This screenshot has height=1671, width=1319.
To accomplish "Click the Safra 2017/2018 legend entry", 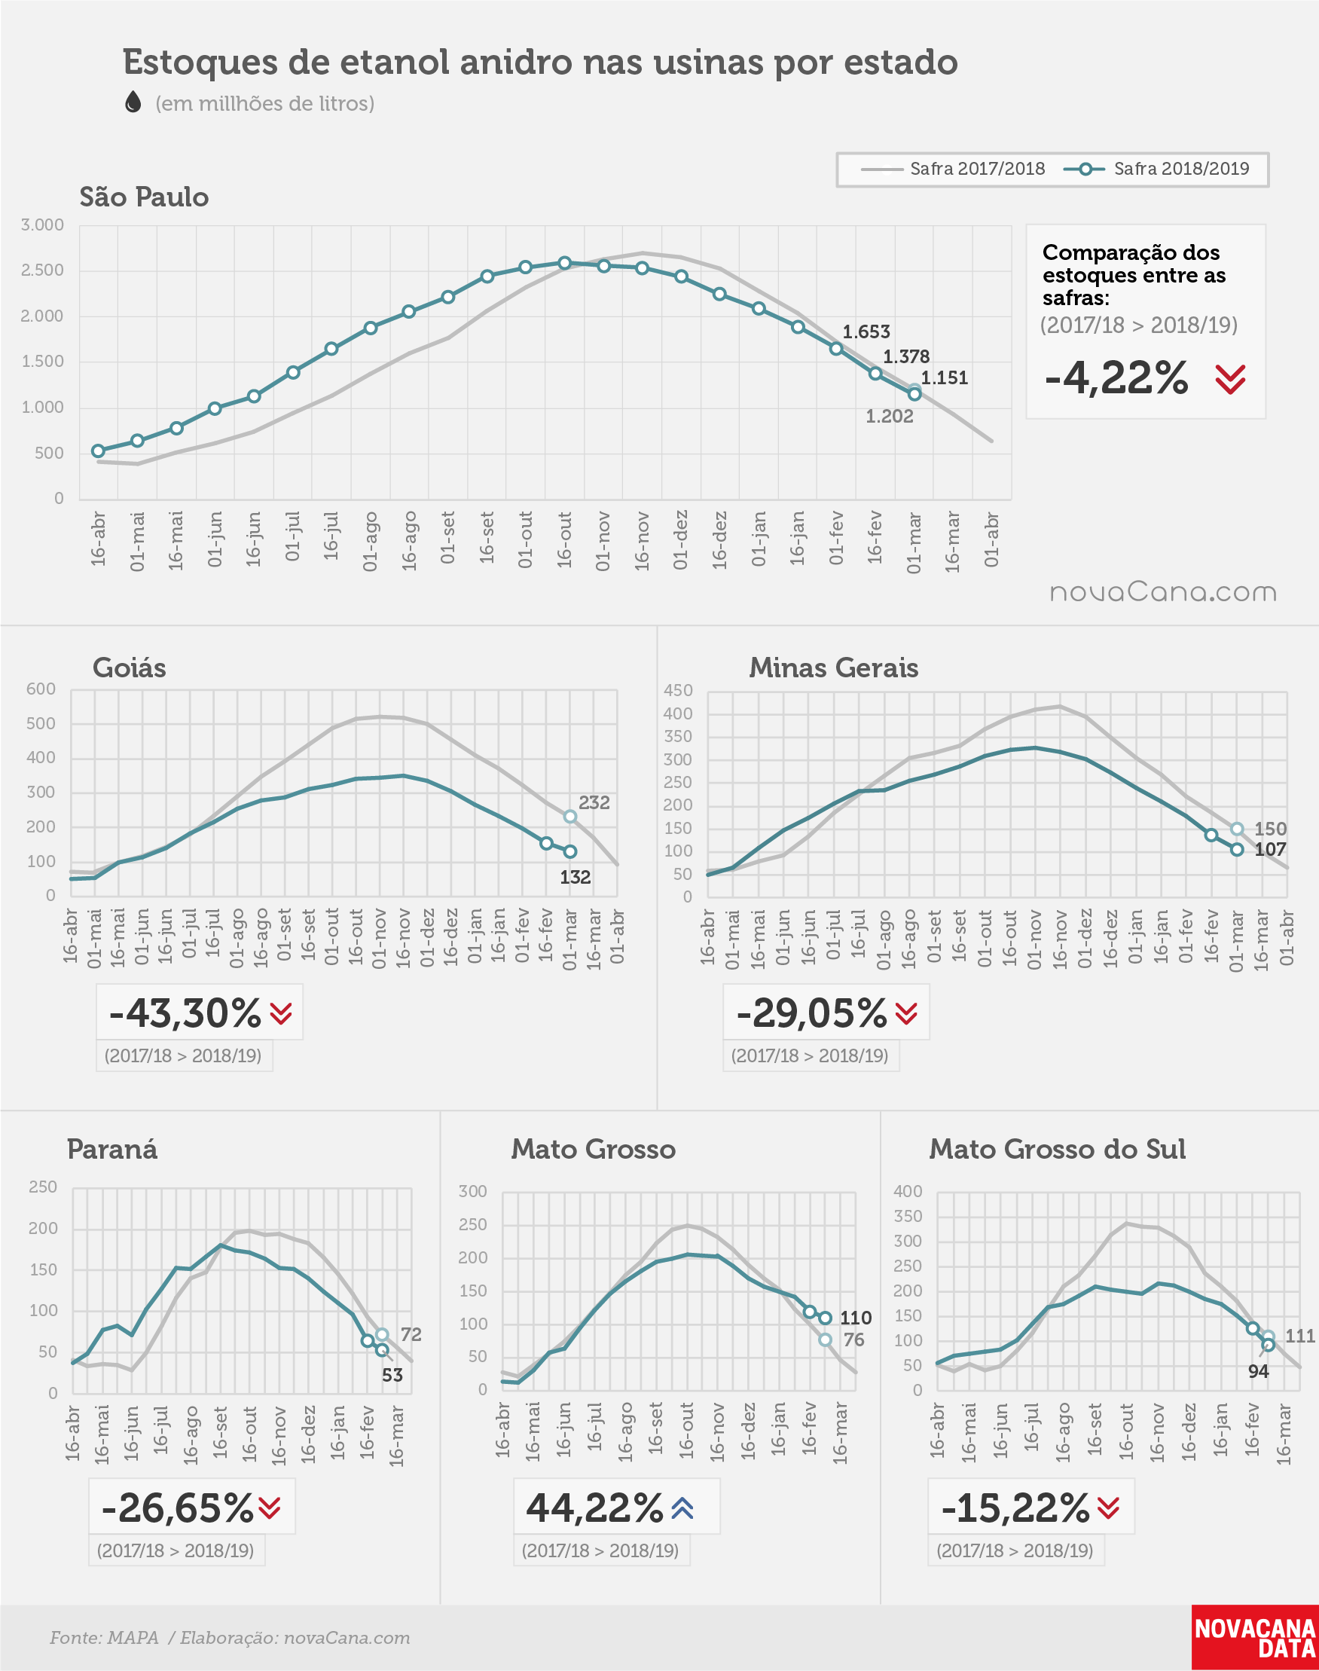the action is (952, 169).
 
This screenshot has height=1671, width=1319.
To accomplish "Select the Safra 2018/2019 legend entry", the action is (1156, 169).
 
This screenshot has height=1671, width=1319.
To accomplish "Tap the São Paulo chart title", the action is (145, 197).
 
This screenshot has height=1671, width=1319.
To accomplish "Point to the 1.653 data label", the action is (866, 332).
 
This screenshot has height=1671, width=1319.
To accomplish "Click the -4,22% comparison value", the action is (1116, 378).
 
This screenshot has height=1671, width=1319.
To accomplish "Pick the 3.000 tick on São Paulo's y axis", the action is (42, 225).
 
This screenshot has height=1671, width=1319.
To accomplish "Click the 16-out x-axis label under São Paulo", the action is (564, 539).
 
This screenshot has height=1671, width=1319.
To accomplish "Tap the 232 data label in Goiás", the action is (594, 803).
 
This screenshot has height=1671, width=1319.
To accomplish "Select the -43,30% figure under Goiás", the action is (185, 1013).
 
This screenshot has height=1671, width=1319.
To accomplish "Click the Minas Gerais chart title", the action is (834, 668).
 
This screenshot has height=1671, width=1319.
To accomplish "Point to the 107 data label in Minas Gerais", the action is (1270, 849).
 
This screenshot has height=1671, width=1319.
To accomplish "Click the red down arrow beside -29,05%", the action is (907, 1013).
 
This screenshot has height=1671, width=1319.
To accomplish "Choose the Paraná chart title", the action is (113, 1149).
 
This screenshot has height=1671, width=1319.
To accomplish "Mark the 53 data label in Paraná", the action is (392, 1374).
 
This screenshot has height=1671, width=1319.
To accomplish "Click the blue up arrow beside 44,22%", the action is (682, 1508).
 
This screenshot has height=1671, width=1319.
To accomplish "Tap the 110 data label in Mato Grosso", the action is (856, 1318).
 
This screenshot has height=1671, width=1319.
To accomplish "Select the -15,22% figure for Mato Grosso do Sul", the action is (1015, 1508).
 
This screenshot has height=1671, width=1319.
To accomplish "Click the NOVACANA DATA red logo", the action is (1255, 1638).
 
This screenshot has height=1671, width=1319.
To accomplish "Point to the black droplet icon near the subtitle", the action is (133, 102).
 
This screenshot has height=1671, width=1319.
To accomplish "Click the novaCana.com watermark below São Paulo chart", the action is (1163, 592).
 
